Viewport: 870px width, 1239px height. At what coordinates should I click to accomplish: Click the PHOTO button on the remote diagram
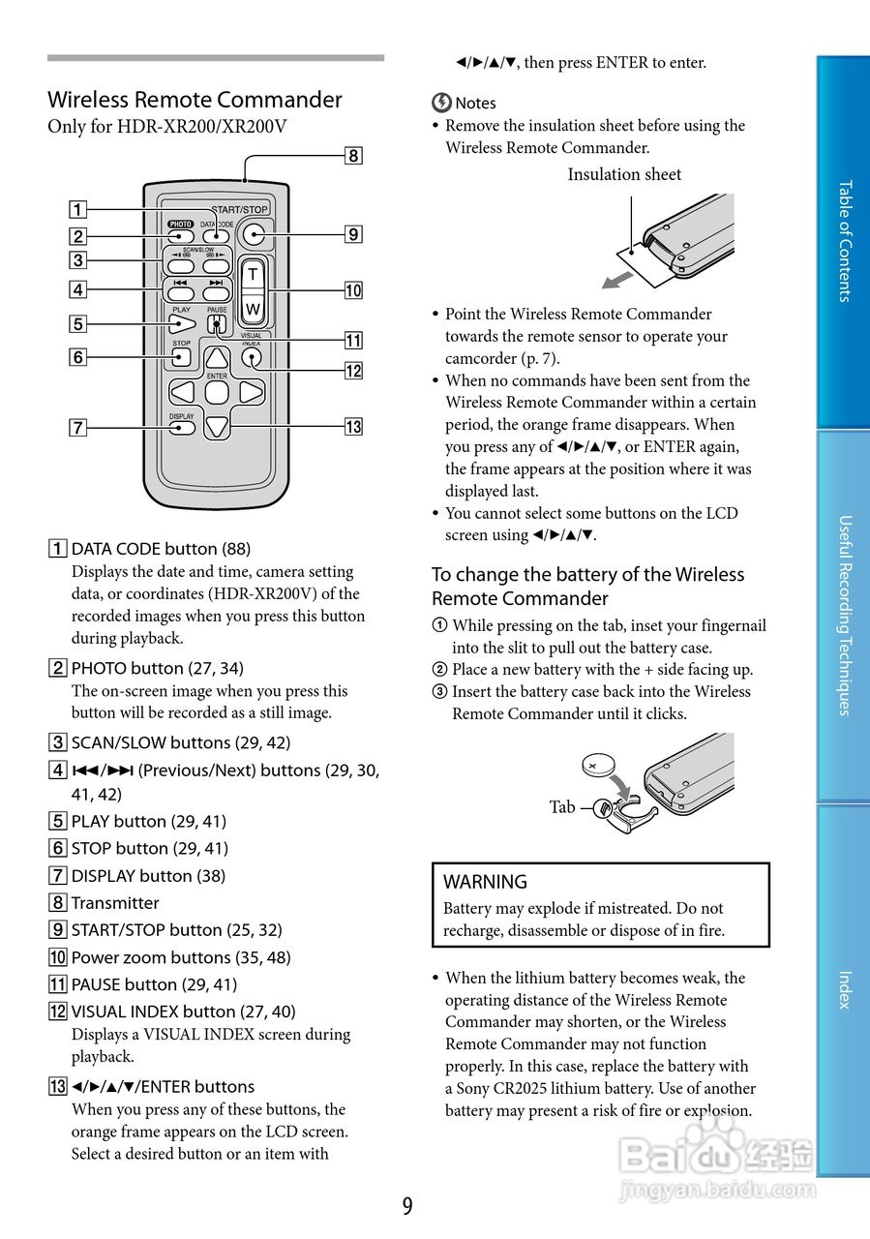point(181,234)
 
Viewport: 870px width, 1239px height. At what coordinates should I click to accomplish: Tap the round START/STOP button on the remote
point(254,233)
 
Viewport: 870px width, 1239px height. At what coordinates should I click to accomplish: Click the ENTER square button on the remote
point(217,392)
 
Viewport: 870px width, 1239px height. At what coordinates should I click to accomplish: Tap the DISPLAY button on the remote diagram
point(182,426)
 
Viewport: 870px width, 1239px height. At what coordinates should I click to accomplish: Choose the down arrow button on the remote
point(217,424)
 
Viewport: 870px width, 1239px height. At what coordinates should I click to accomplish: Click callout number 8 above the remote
point(353,155)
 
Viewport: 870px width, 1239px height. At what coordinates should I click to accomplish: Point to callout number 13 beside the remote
point(353,426)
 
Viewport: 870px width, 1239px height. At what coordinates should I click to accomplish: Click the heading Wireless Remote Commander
point(195,100)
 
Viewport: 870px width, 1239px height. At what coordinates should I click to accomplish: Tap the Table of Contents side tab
point(844,241)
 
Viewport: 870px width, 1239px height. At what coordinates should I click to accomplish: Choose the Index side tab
point(844,989)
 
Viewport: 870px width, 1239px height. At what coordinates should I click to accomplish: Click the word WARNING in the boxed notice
point(485,882)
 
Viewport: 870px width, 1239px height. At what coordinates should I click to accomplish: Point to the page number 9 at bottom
point(407,1206)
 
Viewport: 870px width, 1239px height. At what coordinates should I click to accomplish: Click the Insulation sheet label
point(624,174)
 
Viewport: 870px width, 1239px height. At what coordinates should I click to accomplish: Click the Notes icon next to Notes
point(441,103)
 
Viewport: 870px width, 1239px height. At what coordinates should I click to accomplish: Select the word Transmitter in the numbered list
point(115,903)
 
